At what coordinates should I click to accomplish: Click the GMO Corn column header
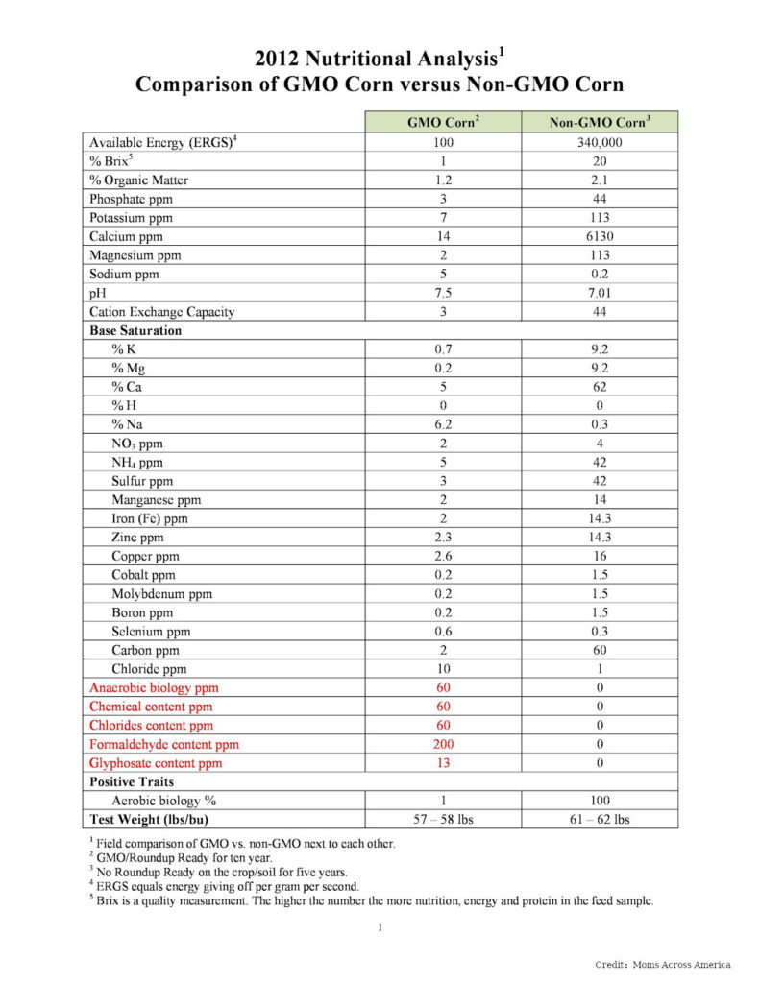pyautogui.click(x=443, y=122)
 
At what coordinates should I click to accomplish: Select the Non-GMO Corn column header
pyautogui.click(x=600, y=122)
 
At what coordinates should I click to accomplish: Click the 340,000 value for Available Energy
pyautogui.click(x=600, y=142)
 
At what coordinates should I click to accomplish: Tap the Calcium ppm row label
pyautogui.click(x=126, y=236)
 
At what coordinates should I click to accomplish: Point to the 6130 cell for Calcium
pyautogui.click(x=600, y=236)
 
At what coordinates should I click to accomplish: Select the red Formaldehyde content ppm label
pyautogui.click(x=164, y=744)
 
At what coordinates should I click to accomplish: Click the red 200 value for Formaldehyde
pyautogui.click(x=443, y=744)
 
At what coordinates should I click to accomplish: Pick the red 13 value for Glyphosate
pyautogui.click(x=443, y=763)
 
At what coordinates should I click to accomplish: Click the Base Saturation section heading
pyautogui.click(x=135, y=330)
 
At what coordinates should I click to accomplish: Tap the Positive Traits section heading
pyautogui.click(x=133, y=781)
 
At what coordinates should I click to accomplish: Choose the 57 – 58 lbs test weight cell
pyautogui.click(x=443, y=819)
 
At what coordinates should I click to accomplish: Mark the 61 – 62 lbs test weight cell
pyautogui.click(x=600, y=819)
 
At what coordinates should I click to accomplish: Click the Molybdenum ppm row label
pyautogui.click(x=161, y=593)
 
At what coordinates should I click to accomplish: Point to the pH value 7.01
pyautogui.click(x=600, y=293)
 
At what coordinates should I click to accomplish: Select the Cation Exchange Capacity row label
pyautogui.click(x=161, y=312)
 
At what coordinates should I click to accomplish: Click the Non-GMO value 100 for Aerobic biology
pyautogui.click(x=600, y=801)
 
